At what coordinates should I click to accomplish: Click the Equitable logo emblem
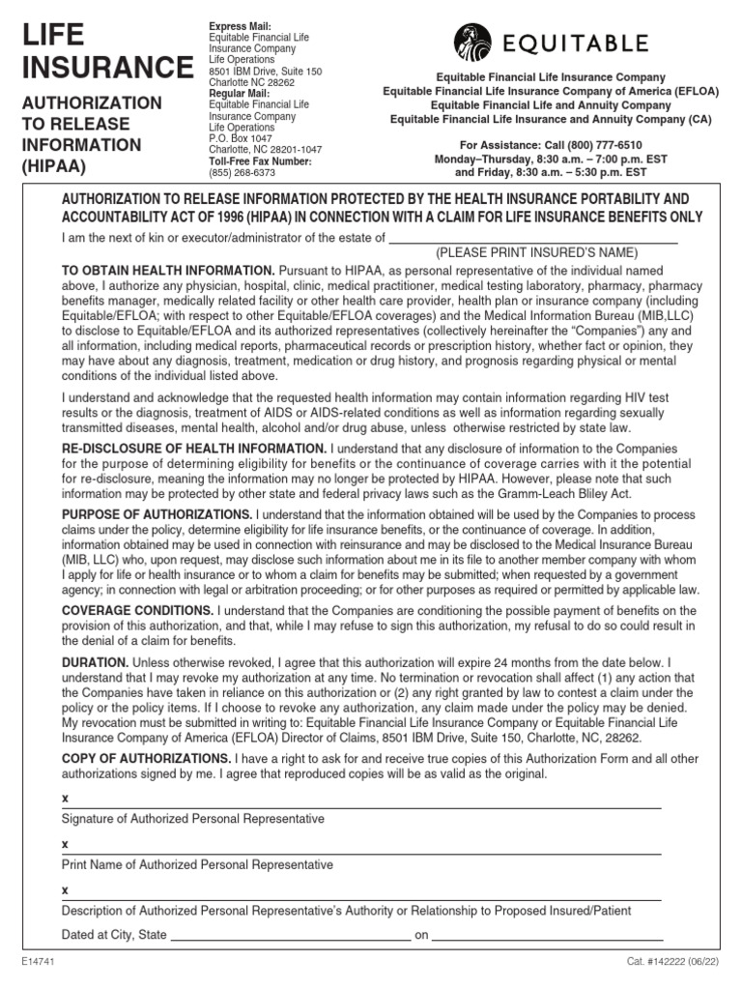(473, 44)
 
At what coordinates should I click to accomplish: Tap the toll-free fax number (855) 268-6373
(243, 173)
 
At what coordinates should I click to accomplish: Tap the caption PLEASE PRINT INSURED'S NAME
(536, 252)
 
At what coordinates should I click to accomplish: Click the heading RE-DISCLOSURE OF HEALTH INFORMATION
(194, 449)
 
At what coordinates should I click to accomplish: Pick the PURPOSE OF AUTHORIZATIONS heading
(157, 513)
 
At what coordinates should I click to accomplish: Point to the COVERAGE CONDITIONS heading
(138, 610)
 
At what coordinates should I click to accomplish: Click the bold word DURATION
(95, 662)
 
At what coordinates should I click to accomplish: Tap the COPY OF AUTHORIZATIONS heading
(146, 758)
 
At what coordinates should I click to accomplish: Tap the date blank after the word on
(547, 938)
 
